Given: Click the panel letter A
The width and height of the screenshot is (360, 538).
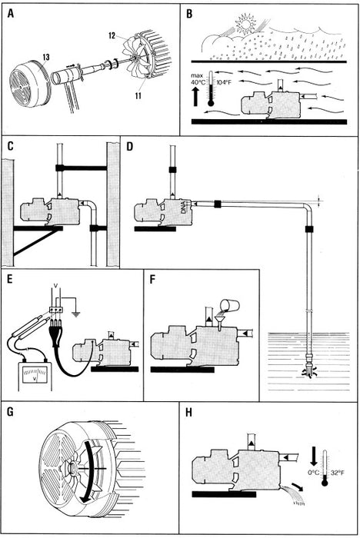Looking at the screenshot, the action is coord(11,14).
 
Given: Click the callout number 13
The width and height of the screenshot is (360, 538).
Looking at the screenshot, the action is coord(46,57).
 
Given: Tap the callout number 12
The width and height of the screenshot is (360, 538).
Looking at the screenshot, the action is coord(112,35).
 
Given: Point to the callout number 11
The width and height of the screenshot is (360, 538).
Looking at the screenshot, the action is coord(138,95).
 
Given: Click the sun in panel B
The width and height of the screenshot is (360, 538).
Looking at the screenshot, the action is coord(245,24).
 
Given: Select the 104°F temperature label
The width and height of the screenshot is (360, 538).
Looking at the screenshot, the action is coord(225,82).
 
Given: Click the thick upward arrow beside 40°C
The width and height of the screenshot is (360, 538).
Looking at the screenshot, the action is coord(195,96).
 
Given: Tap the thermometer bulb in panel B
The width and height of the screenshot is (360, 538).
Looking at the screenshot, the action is coord(211,102).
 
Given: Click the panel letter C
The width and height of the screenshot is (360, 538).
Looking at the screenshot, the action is coord(11,146).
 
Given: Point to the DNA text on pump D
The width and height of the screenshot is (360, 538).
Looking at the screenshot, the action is coord(184,208).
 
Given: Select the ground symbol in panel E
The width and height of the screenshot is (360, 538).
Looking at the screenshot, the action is coord(75,313).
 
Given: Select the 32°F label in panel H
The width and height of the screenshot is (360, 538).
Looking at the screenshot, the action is coord(338,473).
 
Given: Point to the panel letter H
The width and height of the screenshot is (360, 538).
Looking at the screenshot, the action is coord(188,412).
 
